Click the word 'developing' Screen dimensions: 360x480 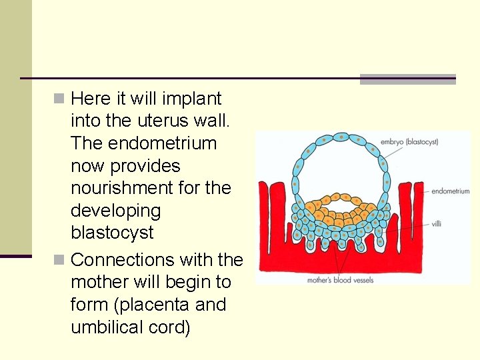coord(115,211)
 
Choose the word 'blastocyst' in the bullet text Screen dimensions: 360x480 coord(112,233)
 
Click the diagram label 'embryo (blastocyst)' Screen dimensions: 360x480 coord(409,142)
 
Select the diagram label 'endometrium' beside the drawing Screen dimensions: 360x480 coord(450,191)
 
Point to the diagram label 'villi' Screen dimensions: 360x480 coord(435,224)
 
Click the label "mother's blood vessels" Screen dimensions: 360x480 coord(339,280)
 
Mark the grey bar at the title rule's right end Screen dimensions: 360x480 coord(407,79)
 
